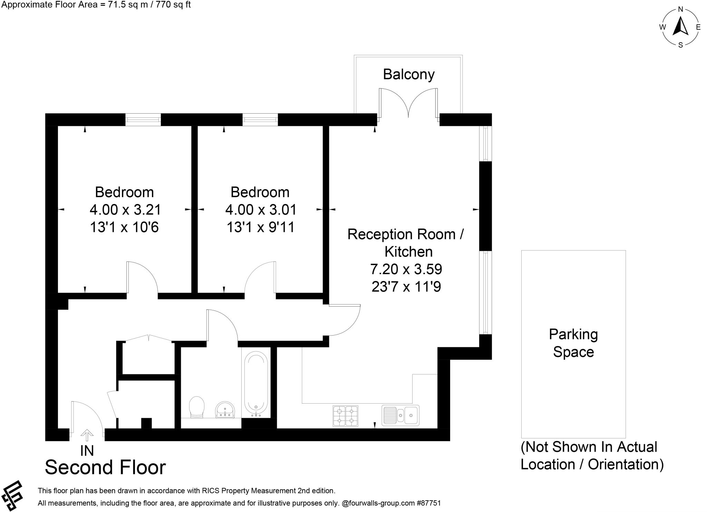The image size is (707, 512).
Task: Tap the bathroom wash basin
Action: coord(225,410)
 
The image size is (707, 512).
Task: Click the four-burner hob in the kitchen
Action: coord(345,416)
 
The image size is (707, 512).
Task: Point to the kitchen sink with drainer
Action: coord(400,415)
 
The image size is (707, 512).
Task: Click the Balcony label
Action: coord(408,74)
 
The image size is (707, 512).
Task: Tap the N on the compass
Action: coord(680,9)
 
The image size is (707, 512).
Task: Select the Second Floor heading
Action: coord(105,467)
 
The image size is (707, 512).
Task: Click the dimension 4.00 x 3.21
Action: coord(125,210)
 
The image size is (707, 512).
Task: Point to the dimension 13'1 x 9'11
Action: coord(260,227)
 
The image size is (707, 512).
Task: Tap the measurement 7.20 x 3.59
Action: coord(406,269)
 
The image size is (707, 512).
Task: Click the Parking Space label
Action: coord(573,343)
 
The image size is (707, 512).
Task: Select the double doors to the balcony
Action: coord(408,104)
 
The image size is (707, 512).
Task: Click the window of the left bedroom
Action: coord(143,120)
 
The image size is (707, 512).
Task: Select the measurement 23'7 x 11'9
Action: coord(406,287)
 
